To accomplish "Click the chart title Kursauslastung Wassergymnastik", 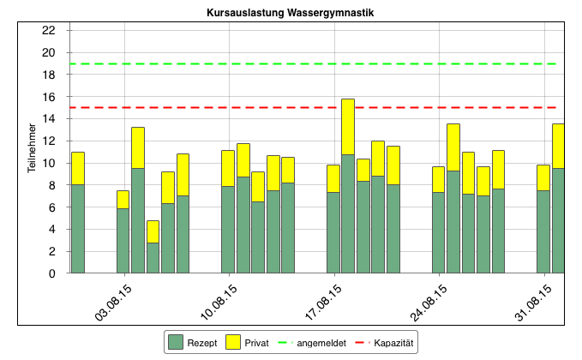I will click(291, 14).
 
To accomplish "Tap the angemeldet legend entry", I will click(309, 343).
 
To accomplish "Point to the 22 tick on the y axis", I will click(49, 31).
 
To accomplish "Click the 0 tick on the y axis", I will click(51, 273).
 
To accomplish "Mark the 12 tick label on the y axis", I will click(49, 141).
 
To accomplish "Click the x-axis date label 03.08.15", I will click(114, 301).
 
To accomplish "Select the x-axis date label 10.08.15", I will click(219, 301).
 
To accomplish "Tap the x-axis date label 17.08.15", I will click(324, 301).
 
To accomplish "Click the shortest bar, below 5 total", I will click(153, 249).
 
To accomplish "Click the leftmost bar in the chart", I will click(78, 223).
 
